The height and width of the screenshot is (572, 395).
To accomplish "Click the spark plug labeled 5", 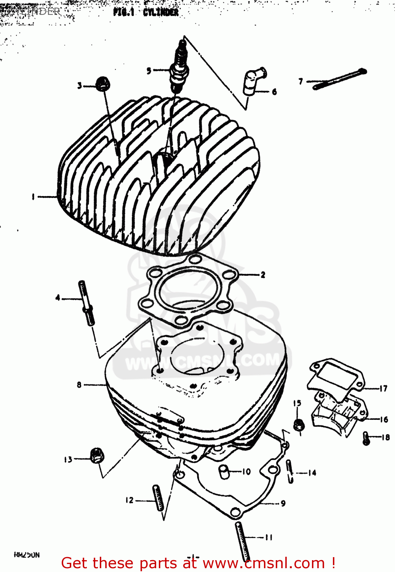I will click(x=178, y=67).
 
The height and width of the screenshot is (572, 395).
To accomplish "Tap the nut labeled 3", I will click(x=101, y=83).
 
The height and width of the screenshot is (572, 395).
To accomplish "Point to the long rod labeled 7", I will click(x=339, y=79).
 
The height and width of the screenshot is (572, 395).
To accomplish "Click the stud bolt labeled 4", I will click(x=86, y=303).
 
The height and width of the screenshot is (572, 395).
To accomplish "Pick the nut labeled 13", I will click(x=96, y=456).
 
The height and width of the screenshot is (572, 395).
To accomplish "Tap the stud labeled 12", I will click(x=158, y=497).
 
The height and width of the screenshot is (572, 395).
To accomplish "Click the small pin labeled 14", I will click(x=290, y=471).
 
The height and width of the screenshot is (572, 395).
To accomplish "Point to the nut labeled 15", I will click(x=298, y=424).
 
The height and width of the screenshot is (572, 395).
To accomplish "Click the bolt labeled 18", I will click(x=366, y=438).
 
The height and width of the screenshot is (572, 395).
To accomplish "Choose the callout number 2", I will click(x=263, y=275).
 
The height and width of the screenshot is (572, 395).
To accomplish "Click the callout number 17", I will click(x=383, y=389).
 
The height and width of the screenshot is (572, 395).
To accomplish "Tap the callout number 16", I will click(x=384, y=419).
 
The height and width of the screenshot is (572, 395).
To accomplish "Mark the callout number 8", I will click(x=79, y=385).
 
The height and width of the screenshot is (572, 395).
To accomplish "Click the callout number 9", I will click(x=283, y=503).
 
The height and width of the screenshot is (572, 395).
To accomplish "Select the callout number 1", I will click(x=34, y=197).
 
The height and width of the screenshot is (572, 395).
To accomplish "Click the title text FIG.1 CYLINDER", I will click(x=146, y=12).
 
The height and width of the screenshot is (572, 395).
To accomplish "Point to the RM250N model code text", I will click(x=27, y=555).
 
